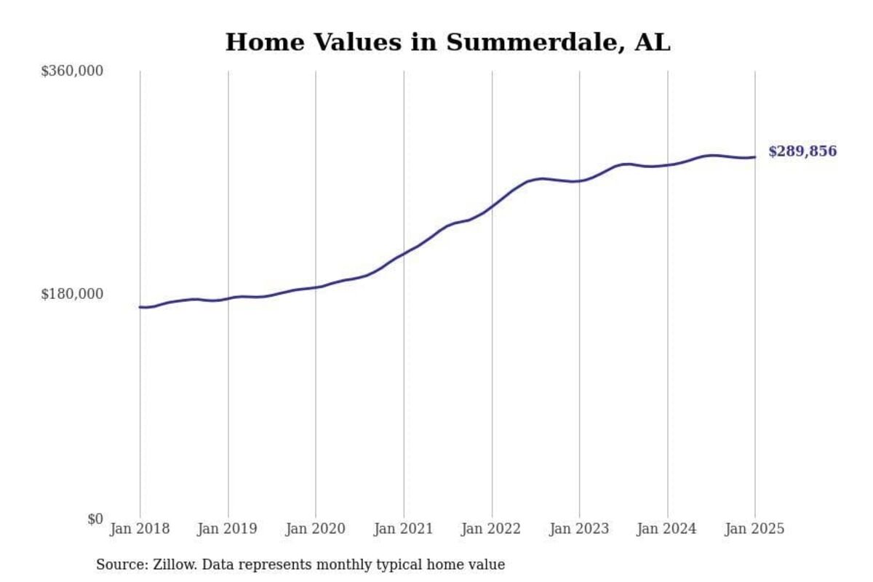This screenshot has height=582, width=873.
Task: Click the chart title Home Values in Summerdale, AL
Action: [447, 42]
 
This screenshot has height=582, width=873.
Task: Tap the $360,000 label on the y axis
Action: [72, 71]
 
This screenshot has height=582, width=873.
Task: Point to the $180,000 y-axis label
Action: [72, 294]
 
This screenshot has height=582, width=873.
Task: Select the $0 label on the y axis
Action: [95, 519]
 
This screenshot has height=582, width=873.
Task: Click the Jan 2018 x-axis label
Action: [140, 529]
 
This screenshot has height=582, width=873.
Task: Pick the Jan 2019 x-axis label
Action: [228, 529]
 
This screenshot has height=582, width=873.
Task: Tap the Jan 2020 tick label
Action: [316, 529]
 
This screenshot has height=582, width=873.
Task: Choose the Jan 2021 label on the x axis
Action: [404, 529]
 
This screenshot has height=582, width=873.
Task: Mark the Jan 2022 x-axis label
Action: [492, 529]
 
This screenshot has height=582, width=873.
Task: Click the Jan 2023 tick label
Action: [579, 529]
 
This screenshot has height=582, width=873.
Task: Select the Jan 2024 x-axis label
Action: [667, 529]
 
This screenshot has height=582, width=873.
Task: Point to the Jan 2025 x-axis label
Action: [754, 529]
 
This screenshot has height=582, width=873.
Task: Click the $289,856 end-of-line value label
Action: [802, 152]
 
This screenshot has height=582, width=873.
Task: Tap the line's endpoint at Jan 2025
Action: [754, 157]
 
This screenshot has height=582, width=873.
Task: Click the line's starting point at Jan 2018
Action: [140, 307]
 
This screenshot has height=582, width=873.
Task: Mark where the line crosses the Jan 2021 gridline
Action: [404, 255]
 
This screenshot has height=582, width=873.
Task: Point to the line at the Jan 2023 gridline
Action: [579, 180]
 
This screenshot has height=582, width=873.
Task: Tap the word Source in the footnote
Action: [117, 565]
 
